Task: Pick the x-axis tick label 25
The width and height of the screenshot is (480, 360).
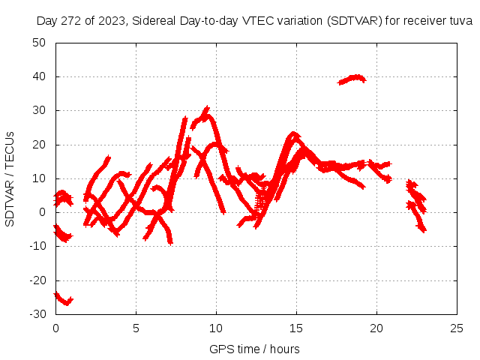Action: coord(457,328)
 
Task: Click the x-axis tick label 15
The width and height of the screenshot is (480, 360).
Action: coord(296,328)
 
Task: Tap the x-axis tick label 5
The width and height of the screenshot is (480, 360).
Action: coord(136,328)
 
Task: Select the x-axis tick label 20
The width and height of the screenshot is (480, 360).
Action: coord(376,328)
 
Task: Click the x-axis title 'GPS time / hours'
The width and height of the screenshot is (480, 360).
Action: coord(255,349)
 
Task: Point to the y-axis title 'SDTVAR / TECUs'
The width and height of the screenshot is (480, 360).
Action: coord(10,178)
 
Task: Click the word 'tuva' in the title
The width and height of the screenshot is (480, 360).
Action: coord(460,21)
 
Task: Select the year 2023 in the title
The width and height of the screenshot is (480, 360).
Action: coord(114,21)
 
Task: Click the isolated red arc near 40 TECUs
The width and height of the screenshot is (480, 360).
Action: coord(352,79)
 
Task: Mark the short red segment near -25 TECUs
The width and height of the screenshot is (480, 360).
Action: coord(64,299)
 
